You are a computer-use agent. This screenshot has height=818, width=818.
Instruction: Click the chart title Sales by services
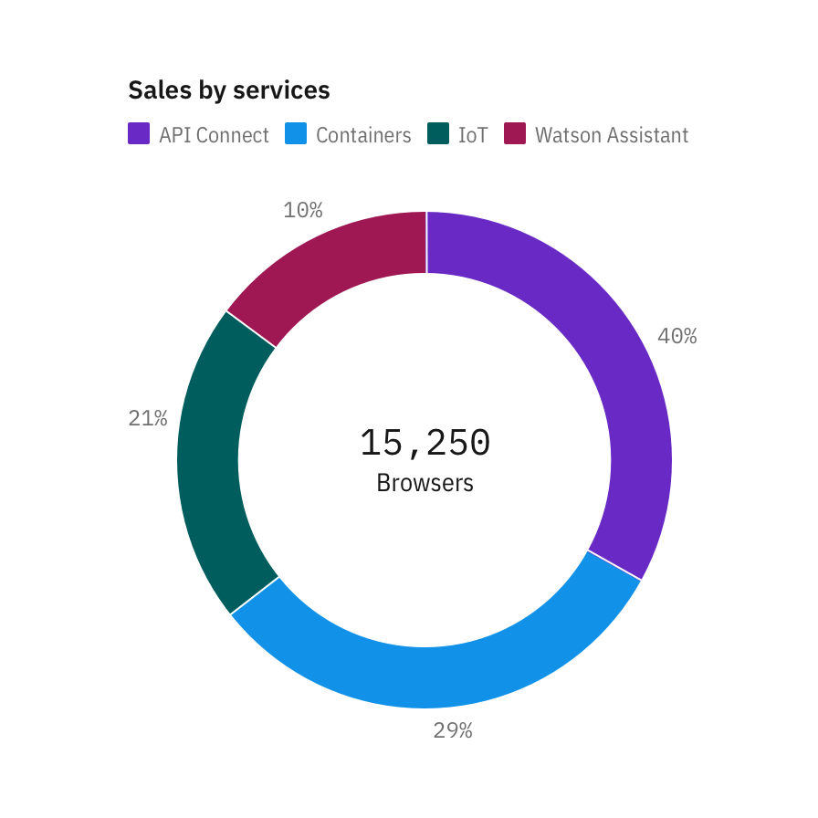tap(228, 90)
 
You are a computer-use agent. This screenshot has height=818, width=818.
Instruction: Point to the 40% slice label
tap(677, 336)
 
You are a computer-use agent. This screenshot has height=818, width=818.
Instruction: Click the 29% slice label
tap(453, 730)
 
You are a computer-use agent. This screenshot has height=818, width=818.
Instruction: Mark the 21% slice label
tap(148, 418)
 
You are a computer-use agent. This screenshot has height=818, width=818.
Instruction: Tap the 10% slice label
tap(303, 210)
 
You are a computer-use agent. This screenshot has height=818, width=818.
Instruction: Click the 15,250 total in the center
tap(425, 443)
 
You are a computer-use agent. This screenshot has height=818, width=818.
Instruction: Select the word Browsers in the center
tap(425, 482)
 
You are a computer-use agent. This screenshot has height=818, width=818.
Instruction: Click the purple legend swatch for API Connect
tap(139, 134)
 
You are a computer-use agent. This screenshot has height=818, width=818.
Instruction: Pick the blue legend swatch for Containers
tap(296, 134)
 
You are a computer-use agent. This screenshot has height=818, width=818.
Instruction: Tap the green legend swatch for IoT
tap(438, 134)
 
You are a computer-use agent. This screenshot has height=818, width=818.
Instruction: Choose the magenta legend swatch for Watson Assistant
tap(515, 134)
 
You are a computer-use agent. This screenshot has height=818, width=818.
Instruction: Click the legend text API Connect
tap(214, 135)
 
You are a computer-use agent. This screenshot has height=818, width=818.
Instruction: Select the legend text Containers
tap(363, 135)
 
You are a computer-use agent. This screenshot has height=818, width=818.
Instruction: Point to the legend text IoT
tap(473, 135)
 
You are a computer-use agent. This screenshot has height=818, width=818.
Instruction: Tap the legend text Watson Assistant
tap(612, 135)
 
